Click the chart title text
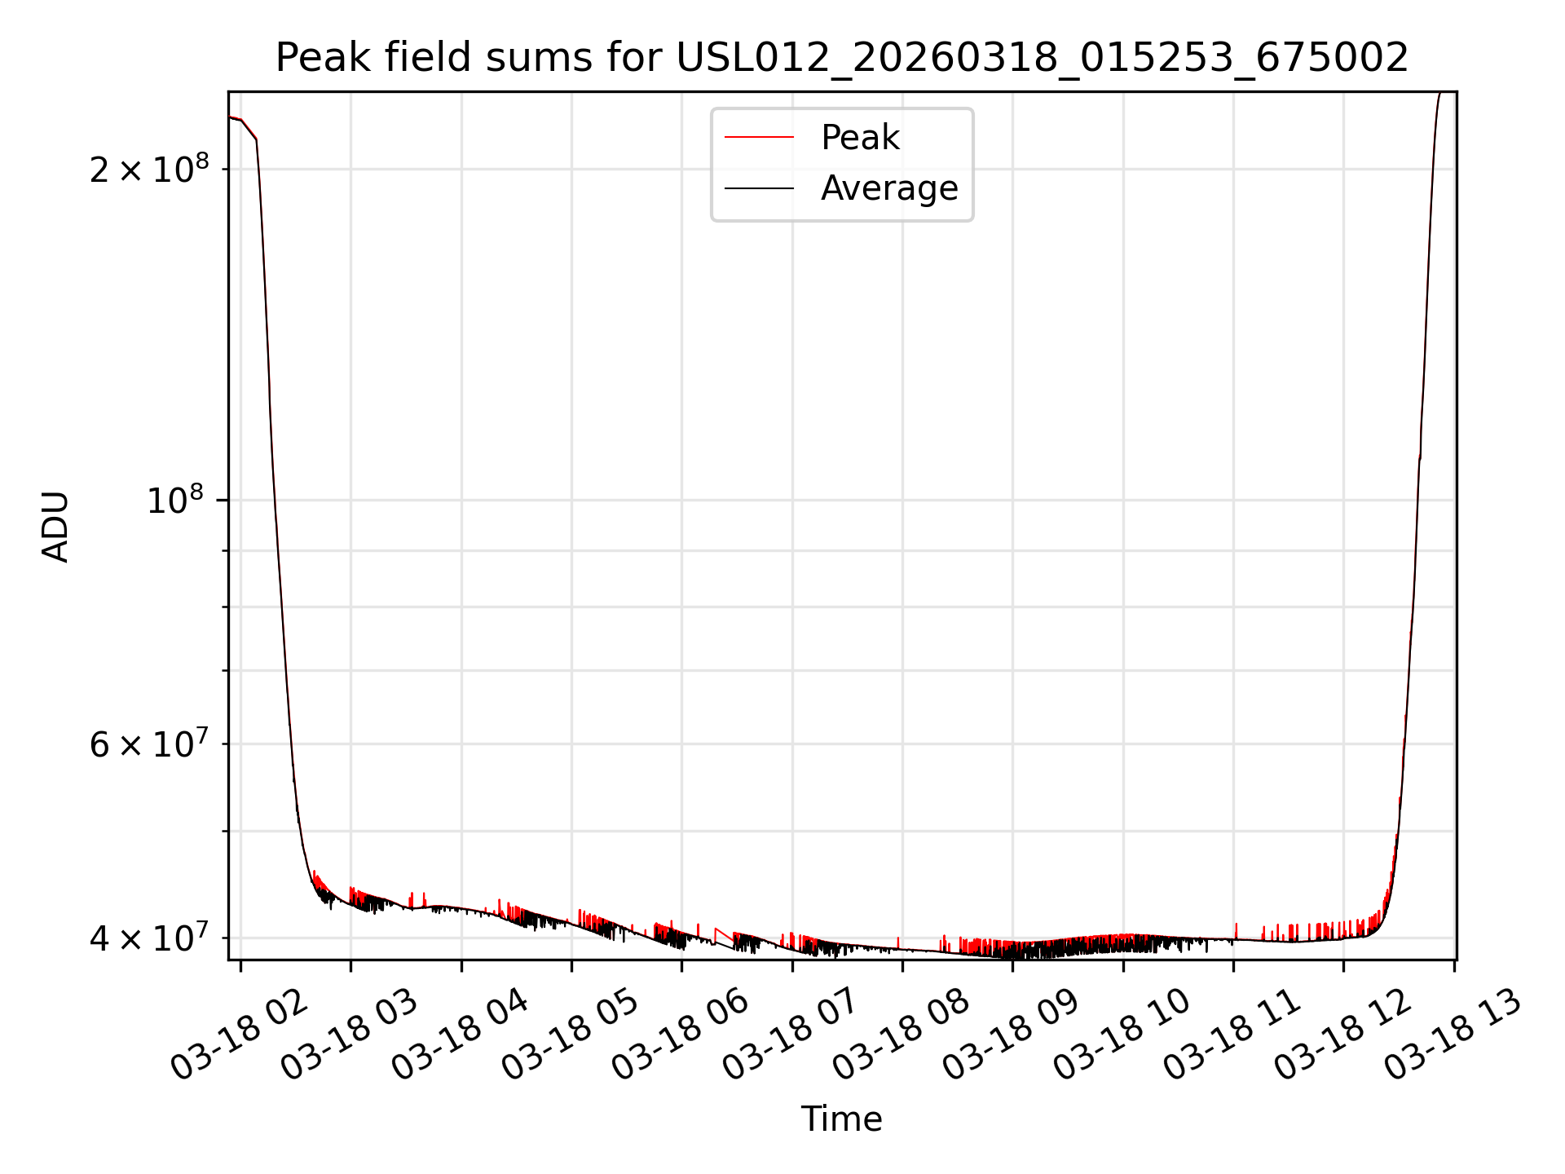click(842, 58)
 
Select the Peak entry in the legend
click(860, 138)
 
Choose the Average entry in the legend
click(889, 188)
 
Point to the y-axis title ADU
click(55, 527)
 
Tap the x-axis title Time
click(841, 1119)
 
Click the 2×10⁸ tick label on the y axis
click(149, 170)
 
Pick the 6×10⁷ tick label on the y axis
click(149, 744)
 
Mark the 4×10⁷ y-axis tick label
click(149, 938)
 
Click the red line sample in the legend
click(759, 138)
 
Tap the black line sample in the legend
click(759, 188)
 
